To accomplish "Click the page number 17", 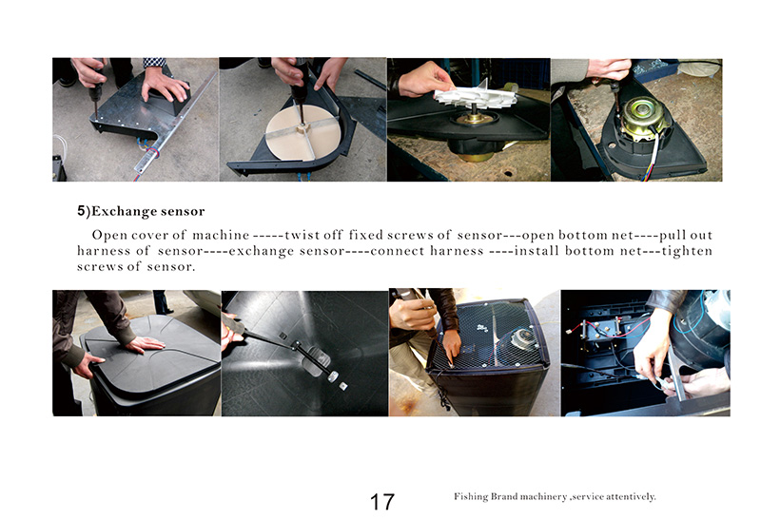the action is [382, 502].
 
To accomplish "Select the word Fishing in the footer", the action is [470, 497].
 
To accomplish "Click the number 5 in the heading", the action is [81, 211].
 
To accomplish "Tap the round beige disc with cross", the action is [301, 132].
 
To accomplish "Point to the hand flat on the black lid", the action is [146, 344].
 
